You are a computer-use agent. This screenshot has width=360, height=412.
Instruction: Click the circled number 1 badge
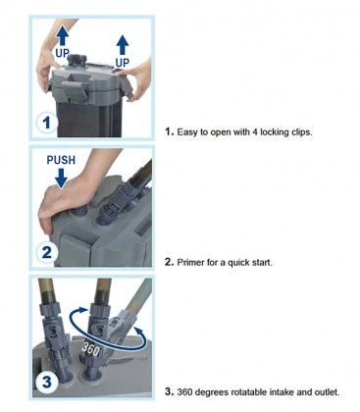point(47,123)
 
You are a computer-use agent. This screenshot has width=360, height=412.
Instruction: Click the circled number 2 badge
point(47,252)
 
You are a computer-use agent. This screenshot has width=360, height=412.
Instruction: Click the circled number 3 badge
point(47,382)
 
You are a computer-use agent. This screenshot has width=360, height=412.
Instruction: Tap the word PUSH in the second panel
point(61,160)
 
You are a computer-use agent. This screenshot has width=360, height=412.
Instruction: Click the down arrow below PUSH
point(61,178)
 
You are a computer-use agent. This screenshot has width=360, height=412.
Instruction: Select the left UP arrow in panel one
point(62,35)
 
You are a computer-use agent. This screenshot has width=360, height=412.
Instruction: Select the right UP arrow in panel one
point(123,45)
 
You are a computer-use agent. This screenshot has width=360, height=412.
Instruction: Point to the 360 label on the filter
point(90,349)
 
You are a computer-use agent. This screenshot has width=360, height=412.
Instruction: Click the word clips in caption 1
point(300,132)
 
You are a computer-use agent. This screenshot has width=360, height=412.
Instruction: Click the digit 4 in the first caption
point(255,132)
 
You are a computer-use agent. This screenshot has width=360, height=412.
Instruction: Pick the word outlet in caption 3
point(327,391)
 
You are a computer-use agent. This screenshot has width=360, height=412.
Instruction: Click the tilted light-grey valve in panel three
point(123,327)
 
